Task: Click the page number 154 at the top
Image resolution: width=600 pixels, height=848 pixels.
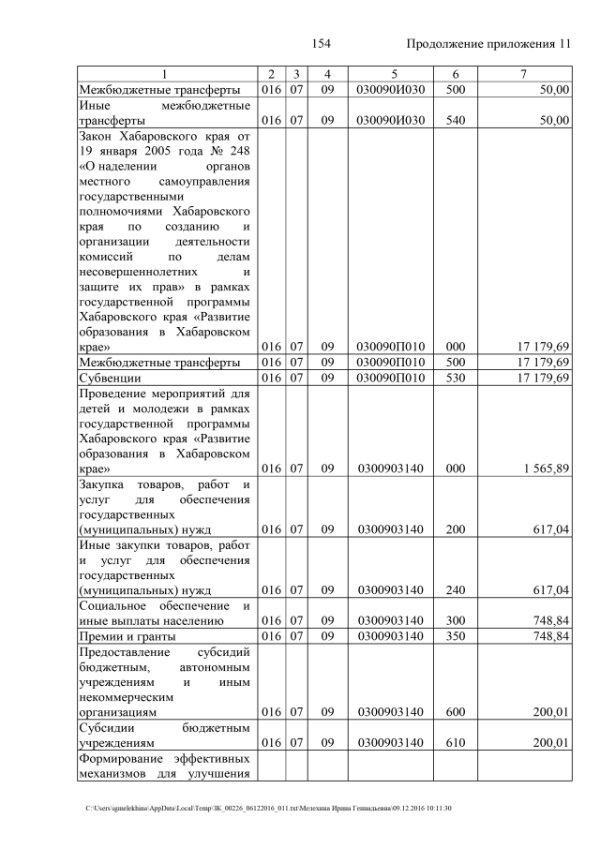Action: coord(322,44)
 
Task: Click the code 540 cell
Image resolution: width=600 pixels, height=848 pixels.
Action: coord(455,120)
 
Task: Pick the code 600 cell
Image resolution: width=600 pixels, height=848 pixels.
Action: coord(455,712)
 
